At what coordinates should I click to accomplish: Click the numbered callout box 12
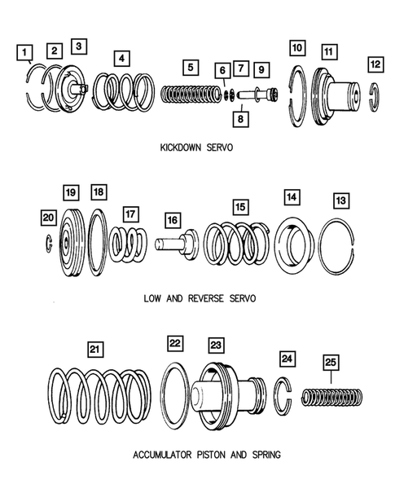tap(375, 64)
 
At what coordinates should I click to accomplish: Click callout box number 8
tap(240, 119)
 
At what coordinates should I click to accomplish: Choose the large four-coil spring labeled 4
tap(124, 91)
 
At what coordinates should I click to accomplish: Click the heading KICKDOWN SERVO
tap(196, 148)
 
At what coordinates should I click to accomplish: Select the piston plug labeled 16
tap(177, 244)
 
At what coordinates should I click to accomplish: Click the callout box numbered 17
tap(130, 214)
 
